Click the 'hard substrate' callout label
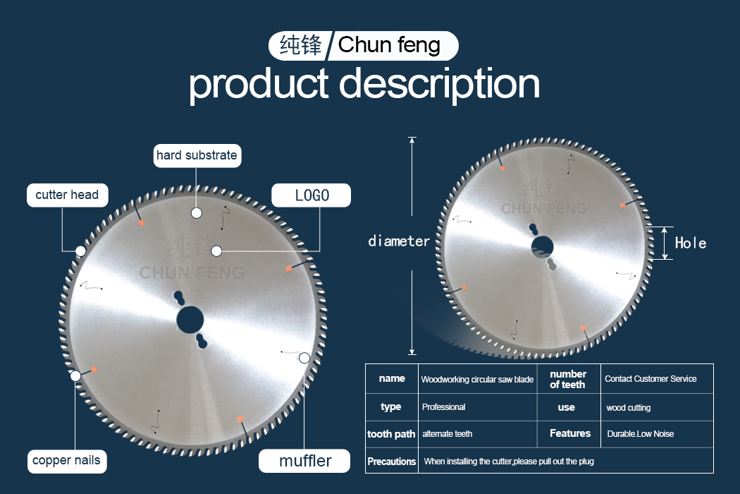[197, 155]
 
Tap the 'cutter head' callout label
[68, 195]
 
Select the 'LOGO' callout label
[312, 195]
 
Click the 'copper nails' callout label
[67, 460]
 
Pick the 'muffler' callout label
[304, 461]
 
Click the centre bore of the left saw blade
[190, 320]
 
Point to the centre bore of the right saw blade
[542, 246]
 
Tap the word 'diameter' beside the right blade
[399, 241]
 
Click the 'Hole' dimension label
[691, 243]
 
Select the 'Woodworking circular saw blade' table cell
[477, 379]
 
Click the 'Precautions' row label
[392, 461]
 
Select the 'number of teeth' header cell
[568, 379]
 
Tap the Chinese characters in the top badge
[301, 45]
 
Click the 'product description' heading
[364, 83]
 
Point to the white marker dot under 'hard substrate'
[197, 213]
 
